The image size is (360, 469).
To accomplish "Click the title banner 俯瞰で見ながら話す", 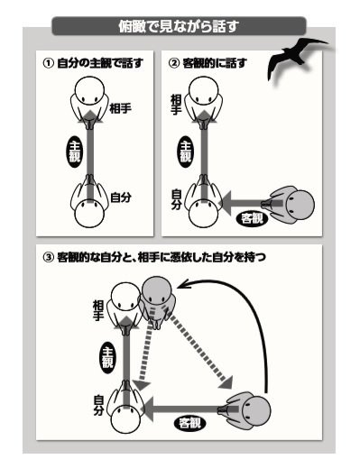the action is click(x=180, y=26).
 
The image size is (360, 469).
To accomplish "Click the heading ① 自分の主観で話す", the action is click(x=93, y=63).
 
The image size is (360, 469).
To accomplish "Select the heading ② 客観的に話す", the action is click(x=208, y=63).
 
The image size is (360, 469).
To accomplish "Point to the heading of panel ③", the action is click(x=154, y=258).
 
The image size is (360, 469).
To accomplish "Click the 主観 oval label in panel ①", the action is click(x=74, y=153).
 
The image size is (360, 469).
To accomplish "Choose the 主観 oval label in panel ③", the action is click(x=107, y=357).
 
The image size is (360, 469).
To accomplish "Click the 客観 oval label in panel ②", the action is click(x=251, y=218).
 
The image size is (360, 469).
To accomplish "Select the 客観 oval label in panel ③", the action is click(x=190, y=424).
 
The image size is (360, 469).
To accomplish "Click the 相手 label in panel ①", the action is click(x=120, y=108).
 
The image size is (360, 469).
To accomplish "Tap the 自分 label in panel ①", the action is click(x=121, y=198).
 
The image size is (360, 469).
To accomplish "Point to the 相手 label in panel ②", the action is click(x=176, y=105).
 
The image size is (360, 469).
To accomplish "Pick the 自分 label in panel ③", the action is click(x=99, y=405).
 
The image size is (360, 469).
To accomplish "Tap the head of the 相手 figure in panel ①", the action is click(x=90, y=90).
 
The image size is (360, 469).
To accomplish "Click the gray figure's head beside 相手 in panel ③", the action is click(x=157, y=290).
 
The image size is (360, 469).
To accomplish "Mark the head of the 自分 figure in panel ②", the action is click(x=204, y=214).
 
